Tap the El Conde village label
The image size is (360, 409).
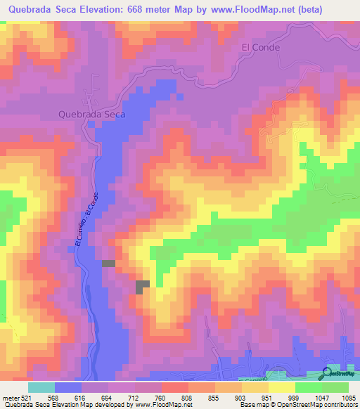[x=261, y=48]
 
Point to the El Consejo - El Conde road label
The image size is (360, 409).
[x=84, y=219]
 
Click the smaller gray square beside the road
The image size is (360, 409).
[x=108, y=264]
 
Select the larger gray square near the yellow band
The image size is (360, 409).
[x=143, y=286]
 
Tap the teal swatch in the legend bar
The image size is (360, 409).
[x=41, y=387]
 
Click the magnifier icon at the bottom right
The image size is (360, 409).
[x=328, y=374]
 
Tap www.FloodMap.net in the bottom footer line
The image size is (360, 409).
[x=162, y=405]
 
